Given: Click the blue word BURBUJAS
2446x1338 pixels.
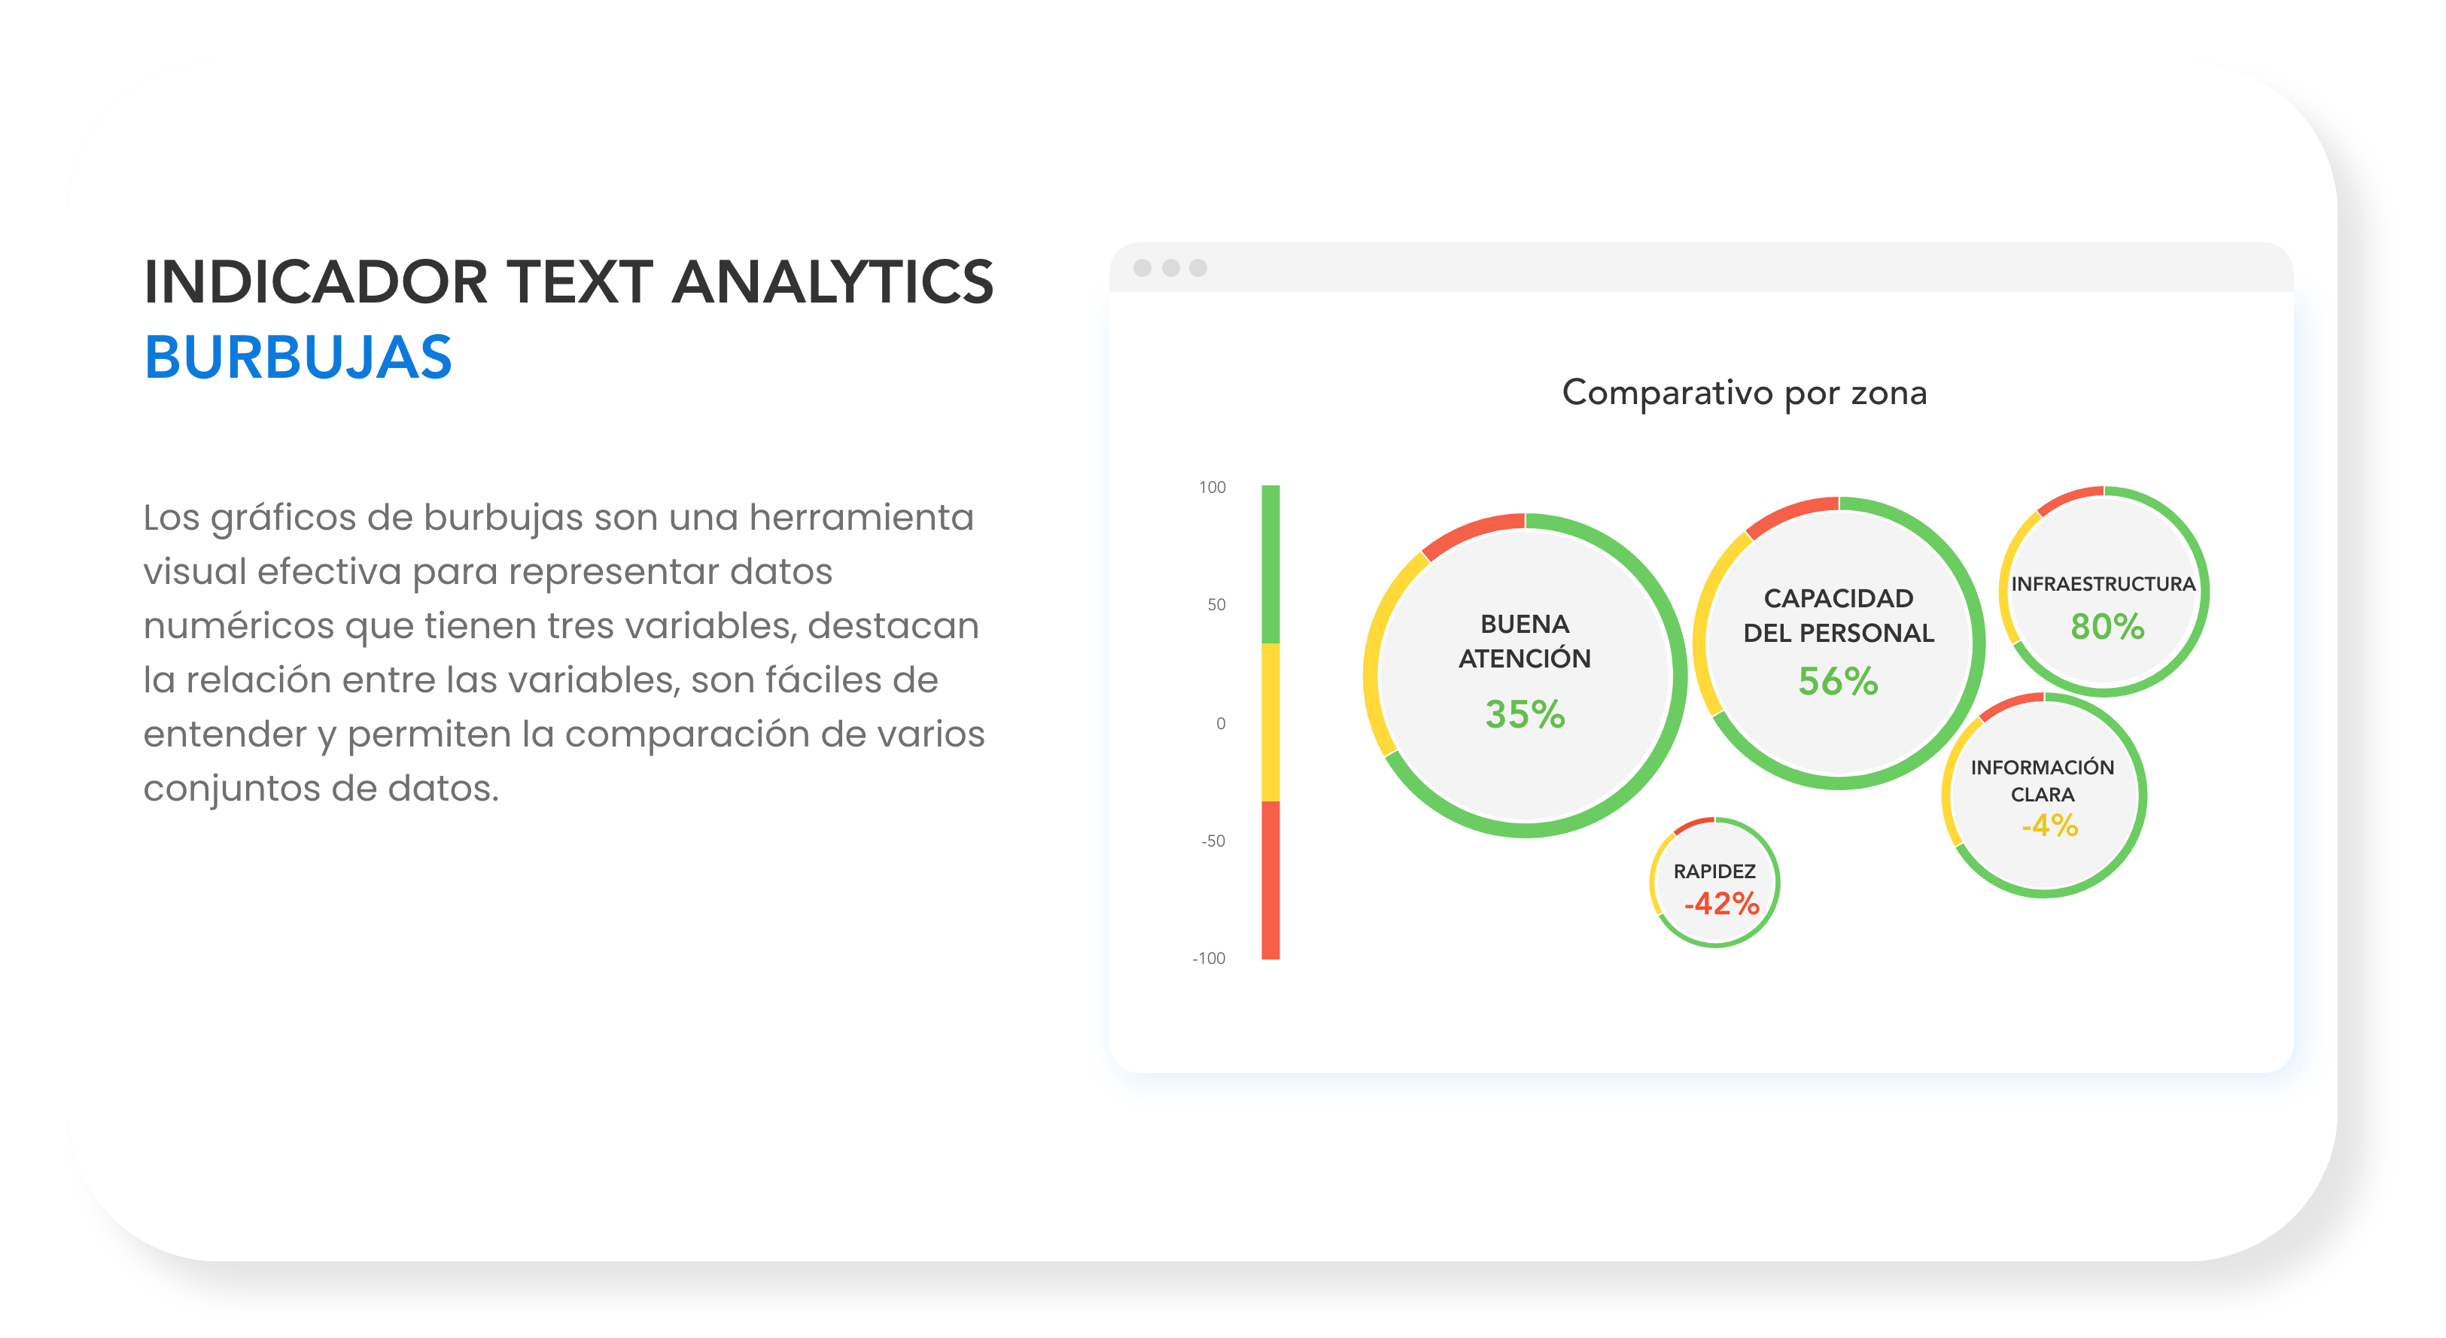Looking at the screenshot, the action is point(297,358).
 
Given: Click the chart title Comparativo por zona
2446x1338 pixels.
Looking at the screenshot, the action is point(1745,393).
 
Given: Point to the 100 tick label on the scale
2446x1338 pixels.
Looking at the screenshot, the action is point(1212,487).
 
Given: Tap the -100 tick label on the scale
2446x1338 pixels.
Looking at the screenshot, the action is point(1209,958).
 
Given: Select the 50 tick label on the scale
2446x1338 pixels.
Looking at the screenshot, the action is point(1216,605).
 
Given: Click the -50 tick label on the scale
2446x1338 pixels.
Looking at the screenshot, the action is point(1212,841).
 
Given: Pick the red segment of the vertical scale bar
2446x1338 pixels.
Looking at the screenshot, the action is point(1270,880).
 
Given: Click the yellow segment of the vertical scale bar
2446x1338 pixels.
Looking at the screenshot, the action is point(1270,722).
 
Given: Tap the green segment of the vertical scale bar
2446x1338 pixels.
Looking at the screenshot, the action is point(1270,565).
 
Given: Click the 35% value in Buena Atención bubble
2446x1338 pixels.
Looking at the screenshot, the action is point(1525,714).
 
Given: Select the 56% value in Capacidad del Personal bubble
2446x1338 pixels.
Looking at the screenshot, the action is point(1839,681).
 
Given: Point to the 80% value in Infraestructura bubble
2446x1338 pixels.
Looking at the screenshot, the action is point(2107,627).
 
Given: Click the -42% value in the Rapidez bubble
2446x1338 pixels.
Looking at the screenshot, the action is point(1721,903).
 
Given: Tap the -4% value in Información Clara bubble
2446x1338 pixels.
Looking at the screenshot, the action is point(2050,826).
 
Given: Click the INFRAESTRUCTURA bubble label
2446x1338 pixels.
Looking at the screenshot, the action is point(2104,584).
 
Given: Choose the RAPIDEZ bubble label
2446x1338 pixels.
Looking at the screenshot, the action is point(1714,871).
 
